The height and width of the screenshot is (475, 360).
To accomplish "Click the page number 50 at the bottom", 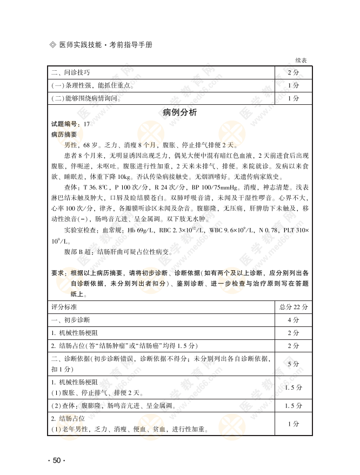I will coord(56,460).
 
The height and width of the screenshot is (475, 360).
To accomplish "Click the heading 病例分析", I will coord(179,112).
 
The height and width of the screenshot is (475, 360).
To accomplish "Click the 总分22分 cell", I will coord(294,307).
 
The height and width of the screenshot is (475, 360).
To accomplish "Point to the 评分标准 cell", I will coord(64,307).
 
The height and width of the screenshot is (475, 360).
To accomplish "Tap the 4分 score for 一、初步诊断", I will coord(294,320).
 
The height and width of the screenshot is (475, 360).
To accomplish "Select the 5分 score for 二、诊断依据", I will coord(294,364).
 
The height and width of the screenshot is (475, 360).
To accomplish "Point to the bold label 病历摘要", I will coord(64,135).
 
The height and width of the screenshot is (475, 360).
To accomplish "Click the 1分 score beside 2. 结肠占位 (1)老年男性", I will coord(294,424).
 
